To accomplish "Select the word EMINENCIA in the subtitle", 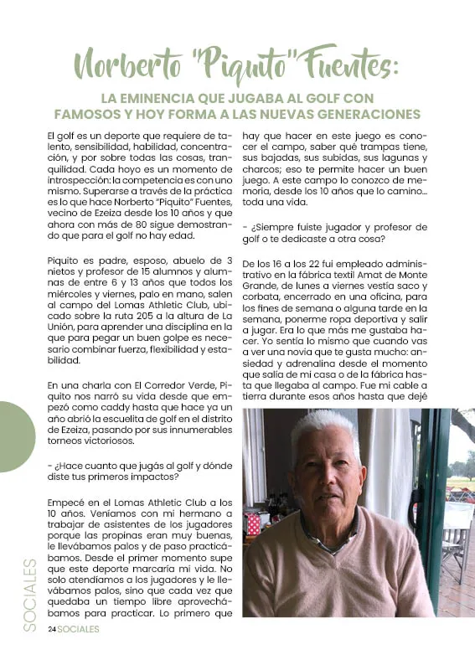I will point(183,96).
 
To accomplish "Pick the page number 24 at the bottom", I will point(51,628).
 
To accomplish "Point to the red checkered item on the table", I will point(253,523).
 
